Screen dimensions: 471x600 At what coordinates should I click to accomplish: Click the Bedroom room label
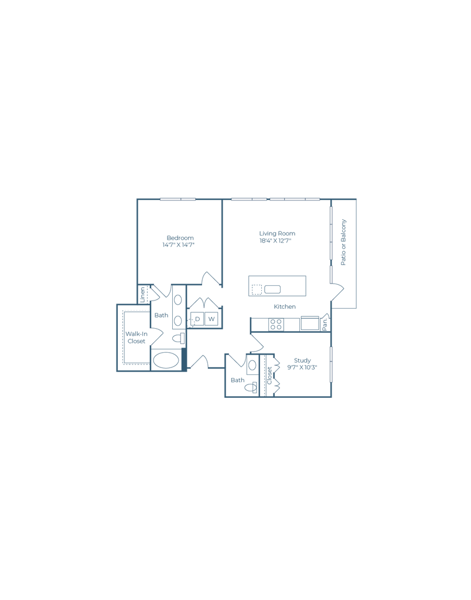(180, 238)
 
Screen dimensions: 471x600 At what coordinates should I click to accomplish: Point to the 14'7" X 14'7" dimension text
(179, 245)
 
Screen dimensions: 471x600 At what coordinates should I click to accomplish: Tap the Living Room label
(277, 233)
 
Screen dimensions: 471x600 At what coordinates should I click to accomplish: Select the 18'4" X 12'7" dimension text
(275, 241)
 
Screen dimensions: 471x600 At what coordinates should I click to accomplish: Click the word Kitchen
(285, 306)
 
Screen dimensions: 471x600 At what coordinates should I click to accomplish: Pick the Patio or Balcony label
(343, 242)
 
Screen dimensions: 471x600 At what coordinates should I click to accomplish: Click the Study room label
(302, 360)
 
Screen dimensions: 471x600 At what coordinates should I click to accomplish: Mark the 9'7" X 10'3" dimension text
(302, 367)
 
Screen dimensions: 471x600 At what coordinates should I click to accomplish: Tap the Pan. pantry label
(325, 323)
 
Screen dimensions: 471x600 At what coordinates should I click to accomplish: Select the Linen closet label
(143, 295)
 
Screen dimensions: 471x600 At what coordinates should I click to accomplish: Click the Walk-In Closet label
(136, 337)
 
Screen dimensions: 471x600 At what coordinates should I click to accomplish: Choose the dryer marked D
(197, 319)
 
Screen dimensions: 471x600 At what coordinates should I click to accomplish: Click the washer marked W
(211, 319)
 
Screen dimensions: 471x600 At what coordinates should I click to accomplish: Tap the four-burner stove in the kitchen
(276, 324)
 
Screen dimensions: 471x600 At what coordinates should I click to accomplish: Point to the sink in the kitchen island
(272, 289)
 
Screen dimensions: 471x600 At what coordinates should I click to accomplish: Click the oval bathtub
(166, 360)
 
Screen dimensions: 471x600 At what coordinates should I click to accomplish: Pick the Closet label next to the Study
(269, 376)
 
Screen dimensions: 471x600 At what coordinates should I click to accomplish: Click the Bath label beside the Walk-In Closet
(161, 315)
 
